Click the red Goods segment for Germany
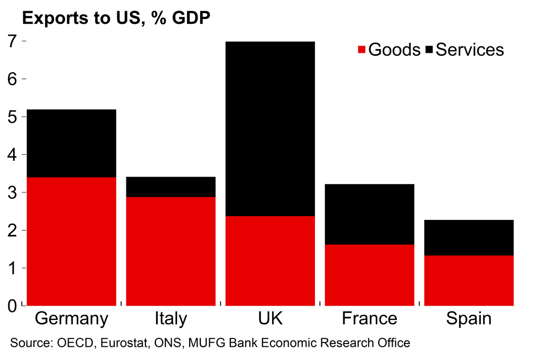point(71,241)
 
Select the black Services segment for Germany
point(71,143)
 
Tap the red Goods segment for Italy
point(171,251)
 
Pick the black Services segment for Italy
point(171,187)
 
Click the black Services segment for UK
point(270,128)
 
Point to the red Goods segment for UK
point(270,261)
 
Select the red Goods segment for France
point(369,275)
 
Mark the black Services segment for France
point(369,214)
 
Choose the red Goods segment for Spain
point(469,281)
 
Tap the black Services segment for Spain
point(469,238)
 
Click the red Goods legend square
point(362,50)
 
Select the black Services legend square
point(429,50)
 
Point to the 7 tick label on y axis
point(12,41)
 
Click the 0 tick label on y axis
point(12,306)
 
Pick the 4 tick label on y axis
point(12,154)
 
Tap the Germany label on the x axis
point(71,319)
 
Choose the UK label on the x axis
point(270,319)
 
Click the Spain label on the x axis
point(469,319)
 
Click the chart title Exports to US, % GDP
point(116,19)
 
